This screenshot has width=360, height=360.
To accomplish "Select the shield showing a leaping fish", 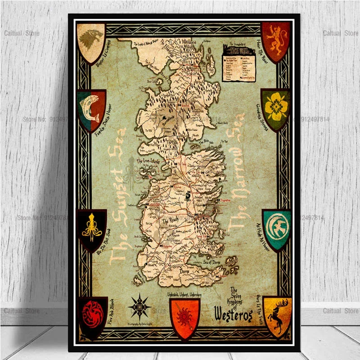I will coord(91,109).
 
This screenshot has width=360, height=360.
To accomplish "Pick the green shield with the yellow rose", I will coord(275,108).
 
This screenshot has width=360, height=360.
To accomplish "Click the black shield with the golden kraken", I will coord(91,229).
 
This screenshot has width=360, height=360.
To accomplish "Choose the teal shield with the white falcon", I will coord(277,229).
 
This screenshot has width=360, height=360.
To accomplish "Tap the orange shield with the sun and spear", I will coord(184,312).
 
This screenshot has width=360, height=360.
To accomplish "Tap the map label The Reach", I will coord(171,221).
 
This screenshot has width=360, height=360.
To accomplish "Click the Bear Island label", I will coord(154,81).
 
